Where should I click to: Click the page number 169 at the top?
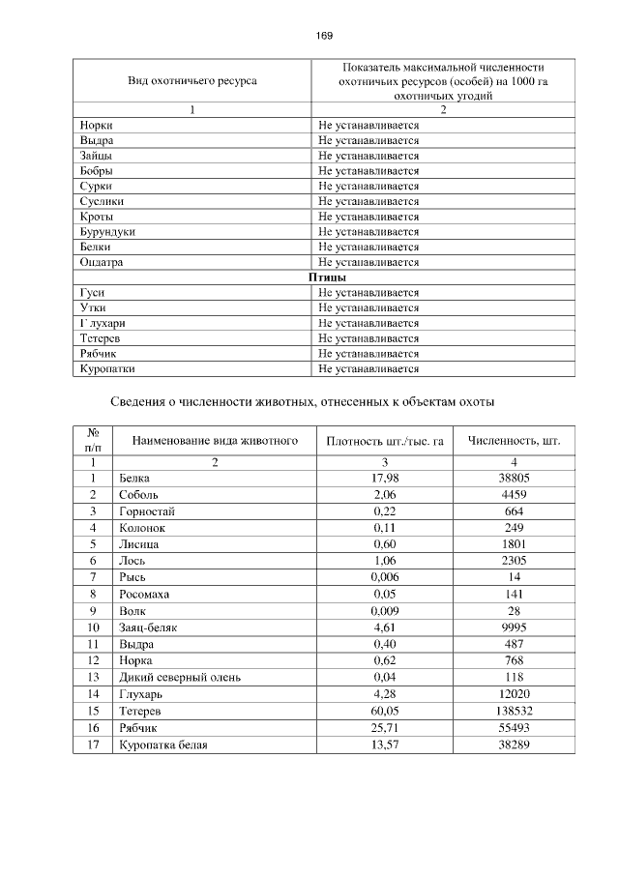pyautogui.click(x=324, y=36)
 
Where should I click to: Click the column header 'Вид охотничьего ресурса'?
pyautogui.click(x=192, y=81)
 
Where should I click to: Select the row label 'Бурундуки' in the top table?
pyautogui.click(x=107, y=232)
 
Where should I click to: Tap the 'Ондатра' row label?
pyautogui.click(x=103, y=262)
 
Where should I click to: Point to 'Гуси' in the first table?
pyautogui.click(x=94, y=293)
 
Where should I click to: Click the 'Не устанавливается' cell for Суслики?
pyautogui.click(x=368, y=201)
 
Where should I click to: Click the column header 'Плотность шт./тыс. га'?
pyautogui.click(x=384, y=442)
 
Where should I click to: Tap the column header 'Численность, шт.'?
pyautogui.click(x=514, y=442)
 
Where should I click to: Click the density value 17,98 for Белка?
pyautogui.click(x=385, y=478)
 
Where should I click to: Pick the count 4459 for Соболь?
pyautogui.click(x=514, y=493)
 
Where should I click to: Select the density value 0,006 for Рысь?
pyautogui.click(x=385, y=577)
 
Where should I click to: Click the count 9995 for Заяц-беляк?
pyautogui.click(x=514, y=627)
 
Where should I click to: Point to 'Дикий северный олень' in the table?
pyautogui.click(x=179, y=678)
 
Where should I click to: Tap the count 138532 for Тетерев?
pyautogui.click(x=514, y=711)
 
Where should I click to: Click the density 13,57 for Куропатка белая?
pyautogui.click(x=385, y=744)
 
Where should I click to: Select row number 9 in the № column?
pyautogui.click(x=94, y=611)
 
